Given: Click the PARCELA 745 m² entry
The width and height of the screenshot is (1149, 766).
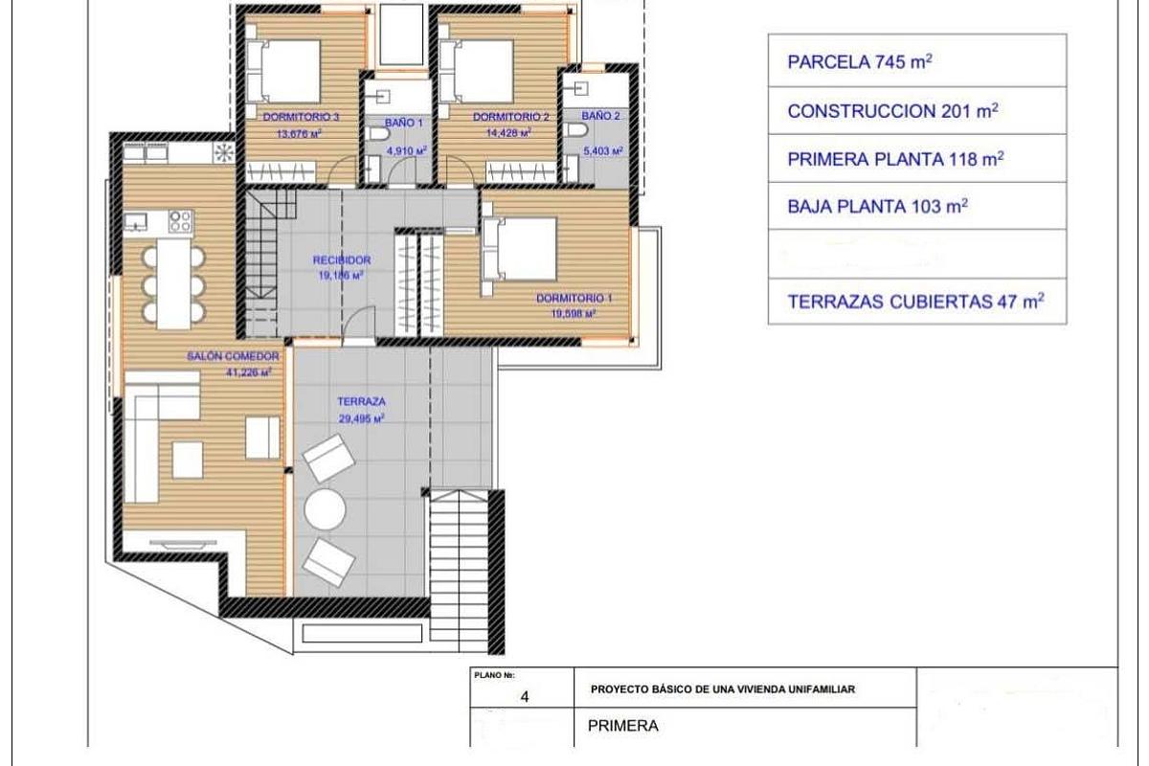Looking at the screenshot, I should (860, 63).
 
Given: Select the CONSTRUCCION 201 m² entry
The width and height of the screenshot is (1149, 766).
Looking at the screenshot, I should (892, 111).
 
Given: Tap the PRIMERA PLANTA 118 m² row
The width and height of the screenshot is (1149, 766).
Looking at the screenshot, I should (895, 159).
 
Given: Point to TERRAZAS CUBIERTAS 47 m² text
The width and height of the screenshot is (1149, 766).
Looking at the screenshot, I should (914, 302).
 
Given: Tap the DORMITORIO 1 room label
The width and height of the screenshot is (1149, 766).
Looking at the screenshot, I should (574, 298).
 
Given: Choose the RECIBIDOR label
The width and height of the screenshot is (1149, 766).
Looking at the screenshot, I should (342, 260).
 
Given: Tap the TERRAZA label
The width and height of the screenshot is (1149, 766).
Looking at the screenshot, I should (360, 403).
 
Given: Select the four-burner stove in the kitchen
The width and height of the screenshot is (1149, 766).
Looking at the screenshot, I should (180, 221).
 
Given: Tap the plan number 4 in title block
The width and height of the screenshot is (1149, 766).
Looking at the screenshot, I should (523, 697).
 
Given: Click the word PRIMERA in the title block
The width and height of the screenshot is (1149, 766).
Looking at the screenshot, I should (623, 726).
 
